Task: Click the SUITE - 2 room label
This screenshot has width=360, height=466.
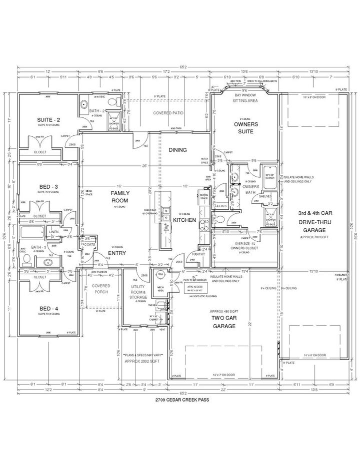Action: click(49, 120)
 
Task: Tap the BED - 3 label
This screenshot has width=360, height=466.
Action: click(48, 187)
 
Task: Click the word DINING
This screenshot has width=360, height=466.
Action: click(177, 150)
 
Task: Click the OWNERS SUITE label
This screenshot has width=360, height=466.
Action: click(244, 128)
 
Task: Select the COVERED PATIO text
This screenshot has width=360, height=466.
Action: click(168, 113)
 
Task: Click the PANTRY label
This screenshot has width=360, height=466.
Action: click(198, 254)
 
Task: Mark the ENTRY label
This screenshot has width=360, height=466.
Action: click(116, 253)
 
